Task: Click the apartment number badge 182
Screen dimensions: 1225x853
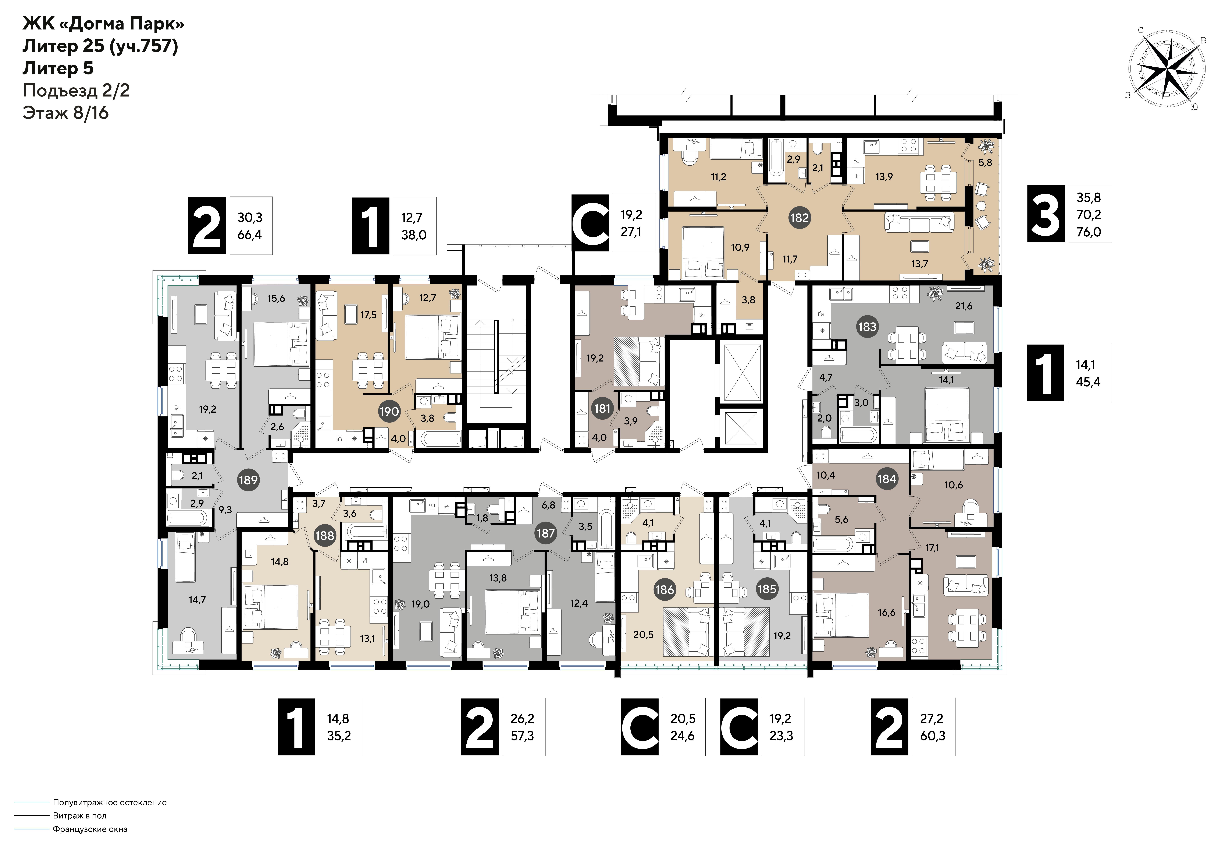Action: (x=799, y=218)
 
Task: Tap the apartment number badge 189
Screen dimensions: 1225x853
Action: (x=248, y=480)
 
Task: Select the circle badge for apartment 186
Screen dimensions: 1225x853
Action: (x=664, y=589)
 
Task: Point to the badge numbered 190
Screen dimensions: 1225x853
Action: (x=389, y=412)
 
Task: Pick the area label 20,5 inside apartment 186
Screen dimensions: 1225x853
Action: (x=643, y=635)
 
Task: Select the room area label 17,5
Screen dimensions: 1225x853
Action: (x=368, y=315)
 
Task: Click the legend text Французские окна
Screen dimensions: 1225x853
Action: (x=90, y=829)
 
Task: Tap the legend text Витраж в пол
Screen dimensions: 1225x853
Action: (x=79, y=816)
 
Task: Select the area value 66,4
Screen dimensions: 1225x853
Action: (x=250, y=235)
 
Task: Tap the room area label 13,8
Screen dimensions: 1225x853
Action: (x=498, y=578)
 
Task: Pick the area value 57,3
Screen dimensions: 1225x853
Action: (x=522, y=736)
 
